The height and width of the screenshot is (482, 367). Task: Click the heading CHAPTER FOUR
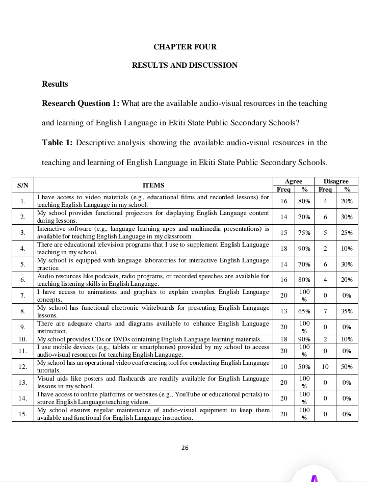[185, 47]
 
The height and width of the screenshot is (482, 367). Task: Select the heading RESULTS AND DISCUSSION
[185, 65]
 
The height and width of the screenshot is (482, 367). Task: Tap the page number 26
[185, 448]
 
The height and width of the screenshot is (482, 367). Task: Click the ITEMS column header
[153, 185]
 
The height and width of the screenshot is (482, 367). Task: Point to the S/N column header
[23, 185]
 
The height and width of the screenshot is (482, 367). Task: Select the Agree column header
[294, 181]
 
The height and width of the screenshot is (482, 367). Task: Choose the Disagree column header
[336, 181]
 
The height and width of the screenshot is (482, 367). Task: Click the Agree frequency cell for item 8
[283, 311]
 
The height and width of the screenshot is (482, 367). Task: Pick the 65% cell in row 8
[304, 311]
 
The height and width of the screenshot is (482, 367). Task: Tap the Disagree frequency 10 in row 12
[325, 366]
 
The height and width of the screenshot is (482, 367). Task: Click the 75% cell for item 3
[304, 233]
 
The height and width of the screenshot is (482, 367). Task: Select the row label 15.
[23, 414]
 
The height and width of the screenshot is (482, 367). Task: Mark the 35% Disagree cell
[347, 311]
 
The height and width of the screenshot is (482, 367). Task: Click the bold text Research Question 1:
[81, 103]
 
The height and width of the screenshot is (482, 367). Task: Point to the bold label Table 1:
[57, 143]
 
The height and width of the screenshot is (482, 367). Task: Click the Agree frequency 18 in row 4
[283, 249]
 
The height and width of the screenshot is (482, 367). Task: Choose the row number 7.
[23, 296]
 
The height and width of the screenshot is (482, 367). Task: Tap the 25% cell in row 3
[347, 233]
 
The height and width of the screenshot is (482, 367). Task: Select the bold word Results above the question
[55, 84]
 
